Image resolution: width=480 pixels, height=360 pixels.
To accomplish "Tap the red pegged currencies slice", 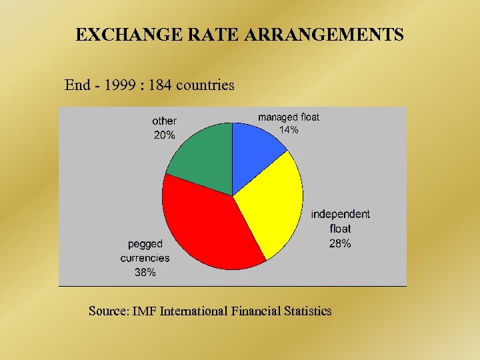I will (207, 223).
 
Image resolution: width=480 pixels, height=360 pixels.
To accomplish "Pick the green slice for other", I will (203, 157).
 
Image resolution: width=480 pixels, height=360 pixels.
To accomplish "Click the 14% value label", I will (288, 131).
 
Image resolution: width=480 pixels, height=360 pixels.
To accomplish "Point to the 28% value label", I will (340, 243).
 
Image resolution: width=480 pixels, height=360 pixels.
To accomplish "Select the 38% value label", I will (145, 272).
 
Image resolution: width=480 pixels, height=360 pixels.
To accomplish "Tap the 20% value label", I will (165, 135).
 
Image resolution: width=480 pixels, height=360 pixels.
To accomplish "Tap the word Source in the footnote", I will (109, 311).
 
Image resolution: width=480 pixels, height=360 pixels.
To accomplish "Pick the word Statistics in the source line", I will (306, 311).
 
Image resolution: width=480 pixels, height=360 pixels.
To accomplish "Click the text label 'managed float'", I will (288, 117).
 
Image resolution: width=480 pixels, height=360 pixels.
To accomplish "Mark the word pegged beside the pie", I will (145, 244).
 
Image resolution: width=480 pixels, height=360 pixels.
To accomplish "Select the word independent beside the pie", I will (340, 214).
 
